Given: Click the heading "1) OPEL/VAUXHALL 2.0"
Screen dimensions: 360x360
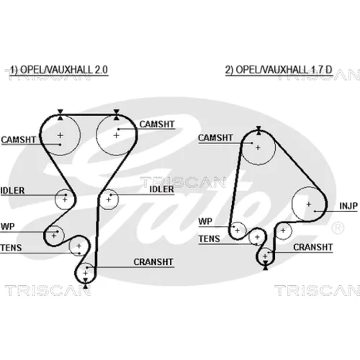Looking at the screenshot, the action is point(59,70).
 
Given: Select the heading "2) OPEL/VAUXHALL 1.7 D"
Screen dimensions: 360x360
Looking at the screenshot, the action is point(279,70).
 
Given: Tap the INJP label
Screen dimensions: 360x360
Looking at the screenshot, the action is point(348,206).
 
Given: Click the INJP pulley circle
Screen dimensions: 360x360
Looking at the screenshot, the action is point(292,204).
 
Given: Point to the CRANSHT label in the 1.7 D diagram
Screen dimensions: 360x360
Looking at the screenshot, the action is point(312,247).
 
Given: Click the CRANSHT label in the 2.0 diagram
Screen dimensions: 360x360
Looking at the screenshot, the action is point(153,262).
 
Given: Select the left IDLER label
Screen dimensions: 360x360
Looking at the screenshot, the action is point(12,191).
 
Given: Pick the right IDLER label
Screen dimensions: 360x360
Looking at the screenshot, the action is point(161,189).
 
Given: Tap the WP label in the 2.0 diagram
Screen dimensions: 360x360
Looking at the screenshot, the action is point(8,226).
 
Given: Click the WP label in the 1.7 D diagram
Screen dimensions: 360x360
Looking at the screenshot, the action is point(205,221).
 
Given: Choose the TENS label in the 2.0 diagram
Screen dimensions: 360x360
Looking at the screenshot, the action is point(11,248).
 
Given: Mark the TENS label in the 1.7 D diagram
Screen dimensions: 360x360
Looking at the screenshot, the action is point(210,239).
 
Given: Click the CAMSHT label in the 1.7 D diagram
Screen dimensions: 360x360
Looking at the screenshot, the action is point(215,138).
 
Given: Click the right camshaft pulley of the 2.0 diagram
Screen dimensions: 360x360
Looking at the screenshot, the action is point(96,135).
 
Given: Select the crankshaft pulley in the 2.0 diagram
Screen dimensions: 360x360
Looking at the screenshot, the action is point(76,273).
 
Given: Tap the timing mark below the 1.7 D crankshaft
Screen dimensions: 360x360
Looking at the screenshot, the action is point(266,266).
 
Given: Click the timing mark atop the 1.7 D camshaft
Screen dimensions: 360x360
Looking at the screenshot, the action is point(258,130).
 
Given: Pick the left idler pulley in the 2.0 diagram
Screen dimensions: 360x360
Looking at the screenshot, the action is point(55,199).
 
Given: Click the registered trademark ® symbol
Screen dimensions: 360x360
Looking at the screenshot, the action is point(338,228).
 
